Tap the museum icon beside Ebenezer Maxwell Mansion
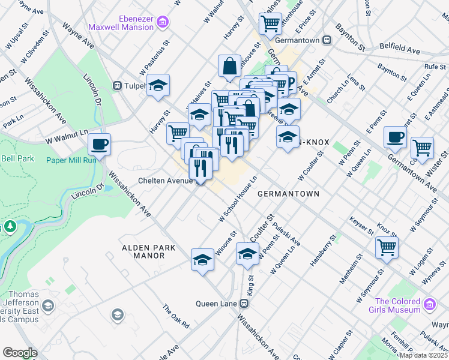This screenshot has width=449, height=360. tap(162, 23)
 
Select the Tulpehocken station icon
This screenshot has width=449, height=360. tap(118, 86)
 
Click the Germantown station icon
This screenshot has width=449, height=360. tap(327, 40)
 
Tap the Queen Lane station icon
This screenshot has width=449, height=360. tap(245, 304)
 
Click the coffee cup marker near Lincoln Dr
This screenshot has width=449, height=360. tap(99, 144)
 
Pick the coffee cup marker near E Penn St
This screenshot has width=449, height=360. tap(395, 137)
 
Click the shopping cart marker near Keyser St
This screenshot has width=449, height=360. tap(387, 247)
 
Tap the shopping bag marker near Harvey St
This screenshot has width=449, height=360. tap(230, 66)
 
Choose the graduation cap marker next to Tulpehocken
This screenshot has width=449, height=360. tap(158, 85)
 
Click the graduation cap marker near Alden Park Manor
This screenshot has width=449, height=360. tap(203, 259)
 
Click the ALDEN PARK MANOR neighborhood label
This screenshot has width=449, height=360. tap(148, 251)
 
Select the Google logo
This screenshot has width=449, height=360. tap(20, 353)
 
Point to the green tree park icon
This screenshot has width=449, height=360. tap(10, 227)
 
